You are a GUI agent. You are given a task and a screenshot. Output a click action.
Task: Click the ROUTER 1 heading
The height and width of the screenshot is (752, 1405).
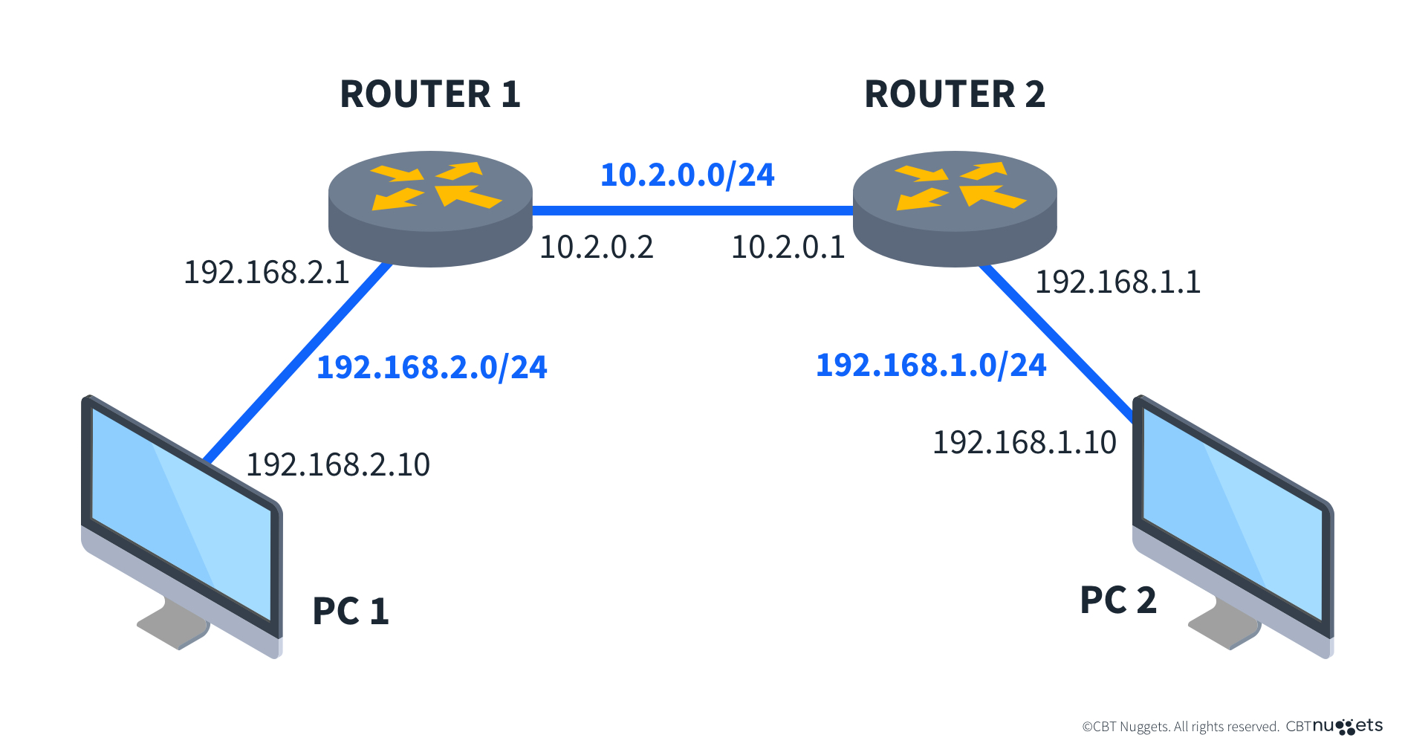pyautogui.click(x=430, y=94)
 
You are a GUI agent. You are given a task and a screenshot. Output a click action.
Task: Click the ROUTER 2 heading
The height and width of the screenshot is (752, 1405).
pyautogui.click(x=955, y=94)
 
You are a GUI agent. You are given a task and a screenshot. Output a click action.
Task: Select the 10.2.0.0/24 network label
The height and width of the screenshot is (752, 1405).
pyautogui.click(x=687, y=175)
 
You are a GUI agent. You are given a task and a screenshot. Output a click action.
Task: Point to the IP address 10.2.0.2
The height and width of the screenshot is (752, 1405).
pyautogui.click(x=596, y=247)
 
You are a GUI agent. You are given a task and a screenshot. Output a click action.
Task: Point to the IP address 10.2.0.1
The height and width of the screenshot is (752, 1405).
pyautogui.click(x=788, y=247)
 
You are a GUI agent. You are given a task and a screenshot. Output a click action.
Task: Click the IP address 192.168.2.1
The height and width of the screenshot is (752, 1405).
pyautogui.click(x=267, y=273)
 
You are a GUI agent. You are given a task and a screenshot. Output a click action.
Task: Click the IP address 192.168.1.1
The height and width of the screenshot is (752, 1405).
pyautogui.click(x=1117, y=282)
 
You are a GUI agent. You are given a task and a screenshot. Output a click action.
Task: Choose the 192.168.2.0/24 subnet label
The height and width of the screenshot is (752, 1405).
pyautogui.click(x=432, y=367)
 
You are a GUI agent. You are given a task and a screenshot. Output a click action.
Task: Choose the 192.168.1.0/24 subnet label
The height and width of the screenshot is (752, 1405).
pyautogui.click(x=931, y=366)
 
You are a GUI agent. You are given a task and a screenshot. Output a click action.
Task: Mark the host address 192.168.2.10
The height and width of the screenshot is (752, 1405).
pyautogui.click(x=338, y=465)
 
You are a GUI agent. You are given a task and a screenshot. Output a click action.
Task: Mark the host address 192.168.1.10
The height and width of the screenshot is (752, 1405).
pyautogui.click(x=1025, y=443)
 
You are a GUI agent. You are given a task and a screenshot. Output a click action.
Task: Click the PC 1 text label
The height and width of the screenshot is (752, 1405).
pyautogui.click(x=351, y=612)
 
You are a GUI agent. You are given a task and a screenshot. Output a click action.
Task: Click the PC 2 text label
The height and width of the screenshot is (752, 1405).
pyautogui.click(x=1118, y=600)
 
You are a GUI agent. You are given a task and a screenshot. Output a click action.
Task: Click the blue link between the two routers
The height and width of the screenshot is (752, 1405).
pyautogui.click(x=691, y=211)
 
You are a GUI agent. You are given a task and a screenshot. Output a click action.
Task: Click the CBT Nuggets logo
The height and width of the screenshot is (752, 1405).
pyautogui.click(x=1347, y=726)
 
